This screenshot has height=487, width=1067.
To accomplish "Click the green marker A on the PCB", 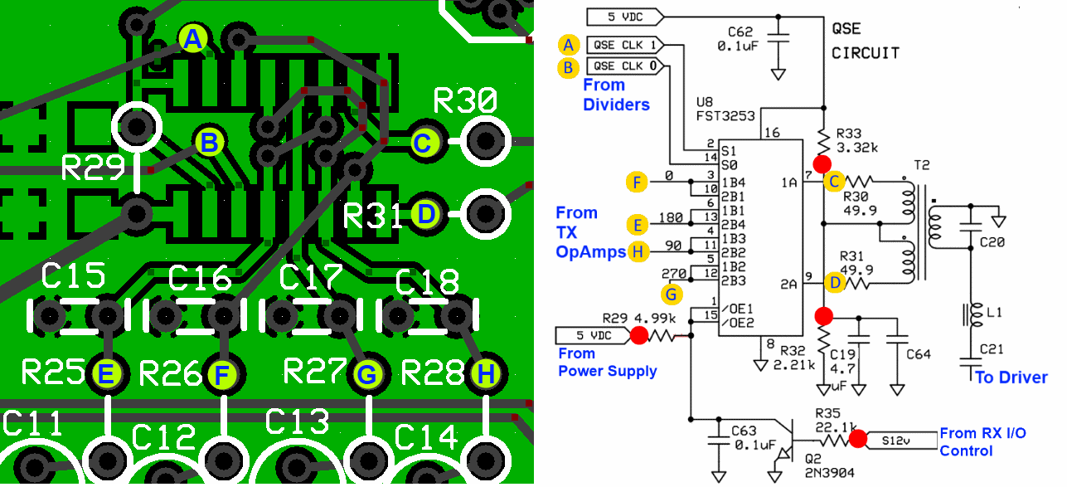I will coord(192,38).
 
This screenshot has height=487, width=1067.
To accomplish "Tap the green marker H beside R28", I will coord(486,376).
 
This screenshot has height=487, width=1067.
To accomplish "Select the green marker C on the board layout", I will coord(423,143).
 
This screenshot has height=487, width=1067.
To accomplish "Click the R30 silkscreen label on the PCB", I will coord(464,101).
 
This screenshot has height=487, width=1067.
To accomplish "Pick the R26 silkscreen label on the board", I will coord(171,373).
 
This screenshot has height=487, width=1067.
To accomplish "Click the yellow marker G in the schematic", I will coord(673,294).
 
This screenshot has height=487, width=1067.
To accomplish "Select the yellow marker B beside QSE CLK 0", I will coord(568,66).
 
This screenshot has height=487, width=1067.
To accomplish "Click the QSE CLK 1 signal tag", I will coord(628,44).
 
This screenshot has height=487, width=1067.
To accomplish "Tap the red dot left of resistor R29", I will coord(638,335).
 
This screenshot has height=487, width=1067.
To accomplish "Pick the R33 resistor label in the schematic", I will coord(850,133).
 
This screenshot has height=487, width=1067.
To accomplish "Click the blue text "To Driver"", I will coord(1011,377).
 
